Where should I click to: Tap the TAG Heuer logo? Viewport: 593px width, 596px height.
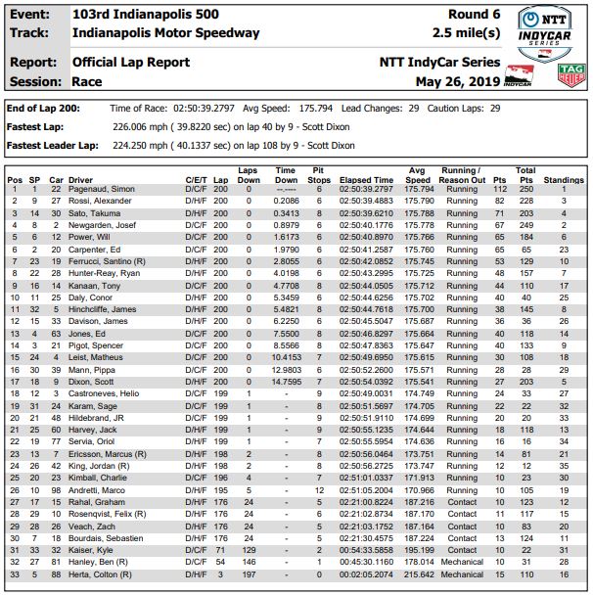coord(570,75)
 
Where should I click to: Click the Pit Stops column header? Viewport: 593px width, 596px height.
coord(319,175)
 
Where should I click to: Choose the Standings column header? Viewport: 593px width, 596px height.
coord(564,181)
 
